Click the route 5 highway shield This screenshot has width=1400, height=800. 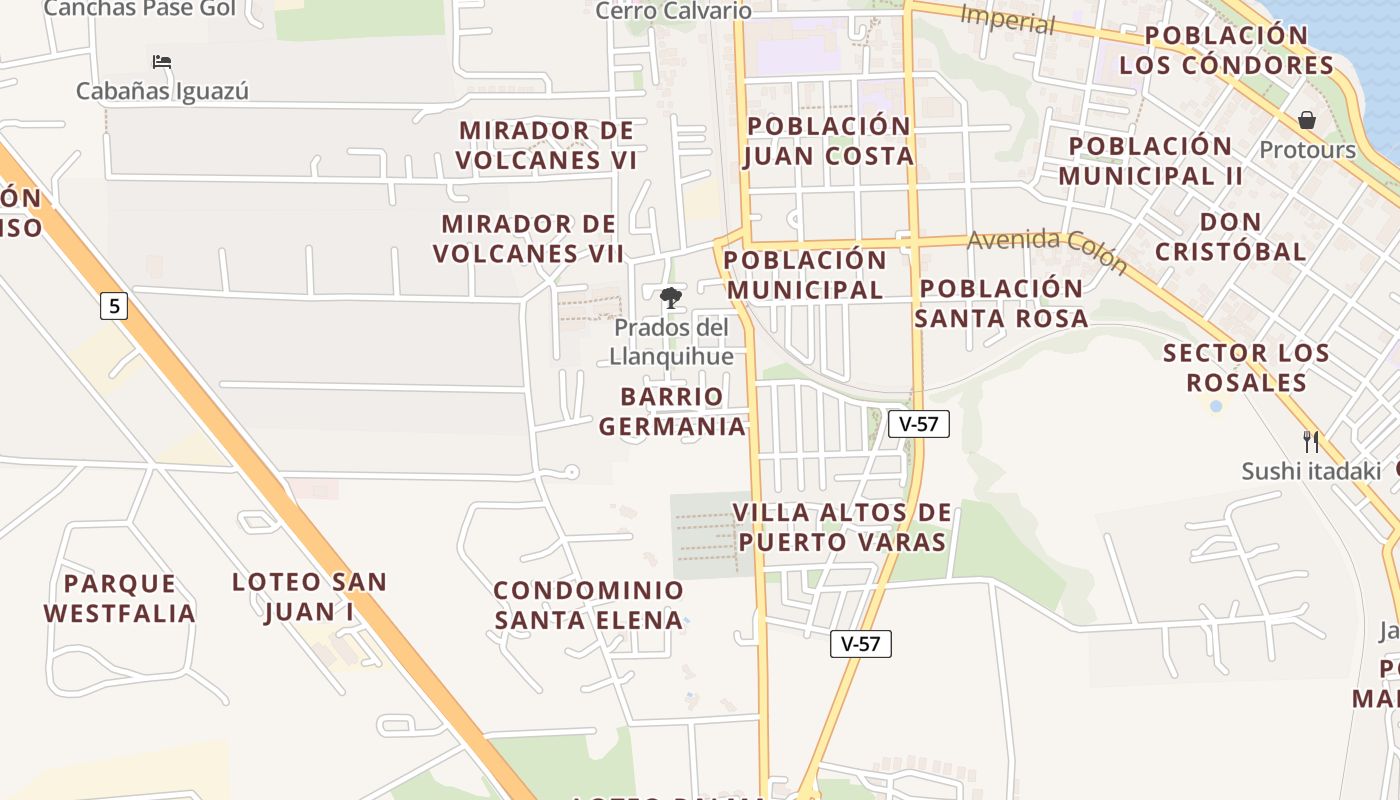[114, 306]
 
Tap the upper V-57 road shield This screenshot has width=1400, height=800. [918, 423]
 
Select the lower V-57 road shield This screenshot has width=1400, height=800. [860, 644]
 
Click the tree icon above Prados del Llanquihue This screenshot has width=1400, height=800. [671, 297]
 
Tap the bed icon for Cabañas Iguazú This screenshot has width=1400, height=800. [162, 62]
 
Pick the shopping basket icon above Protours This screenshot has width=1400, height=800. [1306, 121]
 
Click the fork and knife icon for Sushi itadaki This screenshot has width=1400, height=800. [1310, 441]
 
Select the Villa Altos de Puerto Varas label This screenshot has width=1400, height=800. [841, 527]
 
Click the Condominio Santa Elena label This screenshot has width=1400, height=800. [589, 605]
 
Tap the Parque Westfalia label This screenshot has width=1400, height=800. [120, 598]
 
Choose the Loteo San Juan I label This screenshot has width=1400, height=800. [309, 597]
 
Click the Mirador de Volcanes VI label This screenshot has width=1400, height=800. [547, 145]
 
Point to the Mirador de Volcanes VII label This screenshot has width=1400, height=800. [529, 238]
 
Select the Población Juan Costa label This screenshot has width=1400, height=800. [829, 141]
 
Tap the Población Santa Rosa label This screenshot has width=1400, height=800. [1001, 303]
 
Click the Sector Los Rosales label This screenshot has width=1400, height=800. [1247, 368]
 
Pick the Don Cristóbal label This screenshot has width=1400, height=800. [1231, 236]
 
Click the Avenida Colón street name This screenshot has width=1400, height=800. [1048, 251]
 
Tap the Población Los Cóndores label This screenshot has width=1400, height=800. [1227, 50]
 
